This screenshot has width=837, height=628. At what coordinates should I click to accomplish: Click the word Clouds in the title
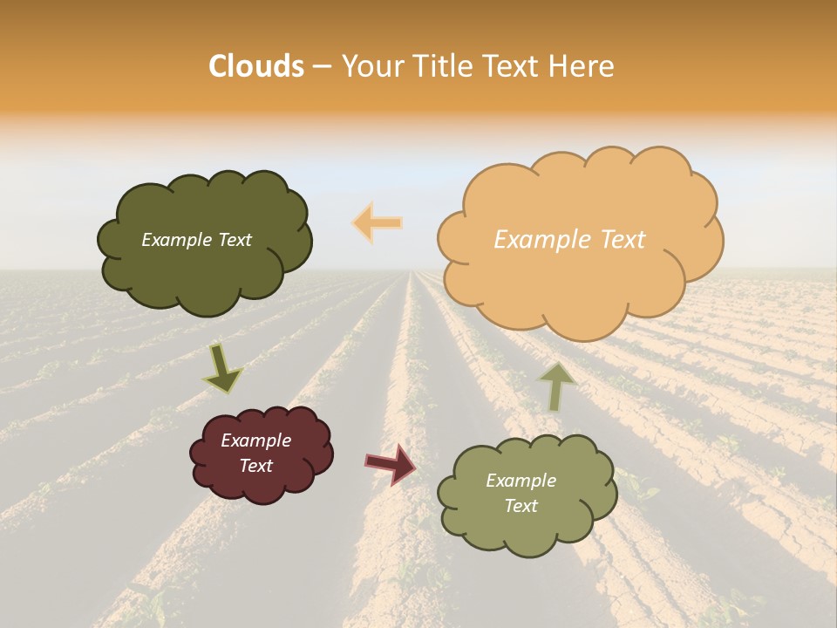coord(256,66)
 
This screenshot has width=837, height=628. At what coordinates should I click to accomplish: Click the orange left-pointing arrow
coord(378,222)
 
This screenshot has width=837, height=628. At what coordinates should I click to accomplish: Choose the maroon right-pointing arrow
coord(391,463)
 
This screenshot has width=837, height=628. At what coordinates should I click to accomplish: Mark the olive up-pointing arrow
coord(556,386)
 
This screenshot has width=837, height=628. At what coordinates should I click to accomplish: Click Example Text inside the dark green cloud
coord(196,240)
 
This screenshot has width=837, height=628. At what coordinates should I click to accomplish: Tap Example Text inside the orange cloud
coord(569,240)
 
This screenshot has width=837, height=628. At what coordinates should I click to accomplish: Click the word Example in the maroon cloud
coord(255,440)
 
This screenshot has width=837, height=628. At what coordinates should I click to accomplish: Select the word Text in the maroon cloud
coord(255,466)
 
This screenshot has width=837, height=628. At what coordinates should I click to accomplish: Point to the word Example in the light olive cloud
coord(521,481)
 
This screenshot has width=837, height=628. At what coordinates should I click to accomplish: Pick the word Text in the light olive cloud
coord(521,506)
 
